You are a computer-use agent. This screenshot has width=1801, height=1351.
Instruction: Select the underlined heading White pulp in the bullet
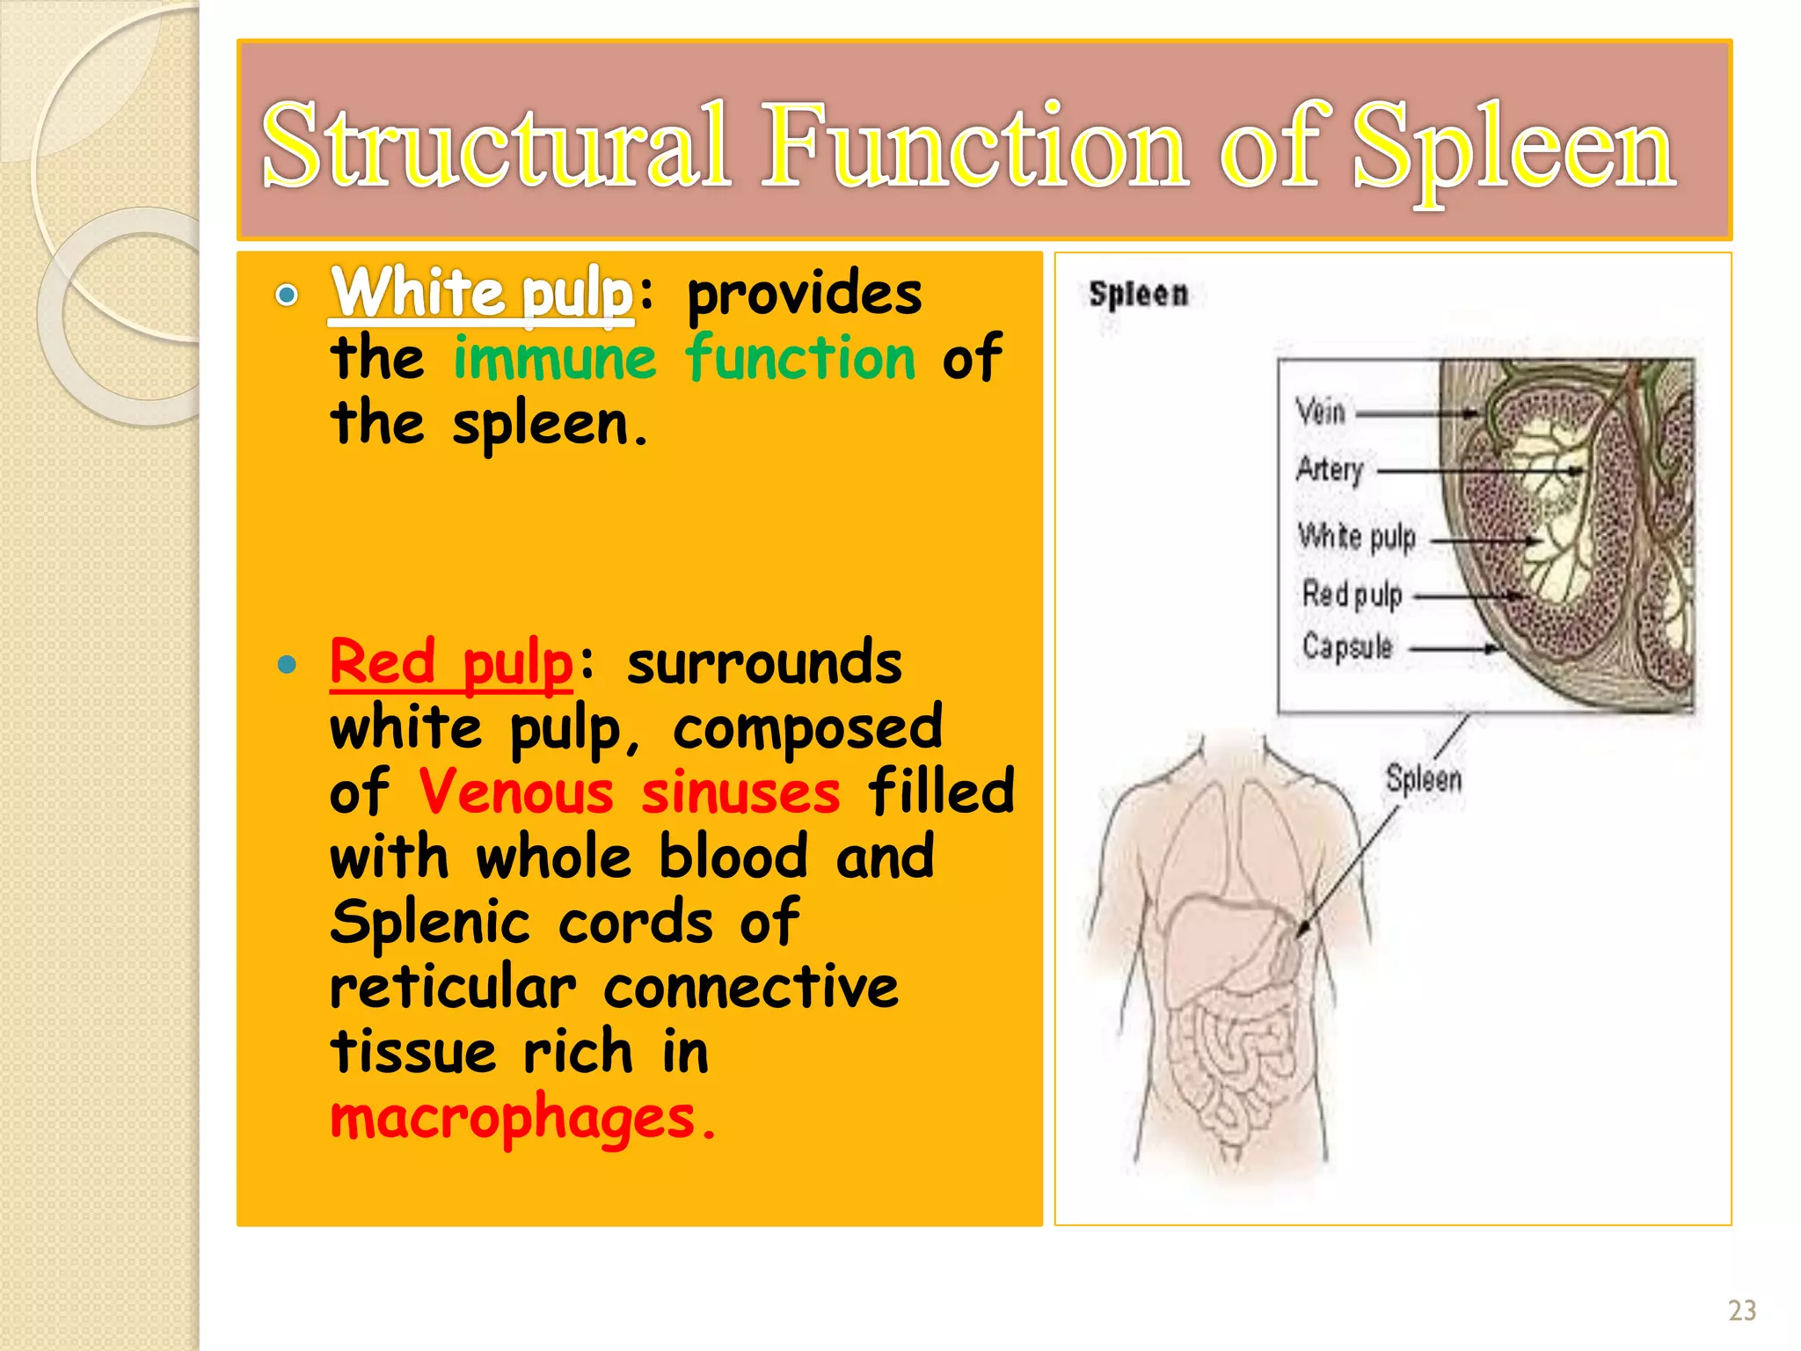482,293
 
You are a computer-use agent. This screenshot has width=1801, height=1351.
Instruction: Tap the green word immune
555,359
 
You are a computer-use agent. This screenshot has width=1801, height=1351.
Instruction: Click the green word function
800,359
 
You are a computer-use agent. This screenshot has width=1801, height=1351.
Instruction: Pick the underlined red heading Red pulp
451,663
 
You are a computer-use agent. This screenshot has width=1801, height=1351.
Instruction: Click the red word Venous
515,792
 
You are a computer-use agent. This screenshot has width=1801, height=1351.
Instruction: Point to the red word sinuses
740,792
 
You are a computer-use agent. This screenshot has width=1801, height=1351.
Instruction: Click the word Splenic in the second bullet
430,923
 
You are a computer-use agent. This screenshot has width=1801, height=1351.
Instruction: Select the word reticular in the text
453,987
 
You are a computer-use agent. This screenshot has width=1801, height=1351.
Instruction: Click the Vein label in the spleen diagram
1320,412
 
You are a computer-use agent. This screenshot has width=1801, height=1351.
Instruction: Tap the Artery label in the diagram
1330,469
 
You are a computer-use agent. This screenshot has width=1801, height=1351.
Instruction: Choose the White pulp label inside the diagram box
1357,536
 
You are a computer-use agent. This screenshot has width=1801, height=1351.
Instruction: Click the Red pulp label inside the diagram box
1352,595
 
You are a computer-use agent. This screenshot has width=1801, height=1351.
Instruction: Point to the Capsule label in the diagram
1347,647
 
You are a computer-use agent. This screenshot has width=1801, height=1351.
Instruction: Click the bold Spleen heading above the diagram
1138,294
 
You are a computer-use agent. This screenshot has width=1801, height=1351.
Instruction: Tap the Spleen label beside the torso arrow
1424,779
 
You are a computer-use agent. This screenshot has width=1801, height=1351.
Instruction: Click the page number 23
1741,1311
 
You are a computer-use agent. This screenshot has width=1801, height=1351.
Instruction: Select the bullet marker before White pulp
286,295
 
